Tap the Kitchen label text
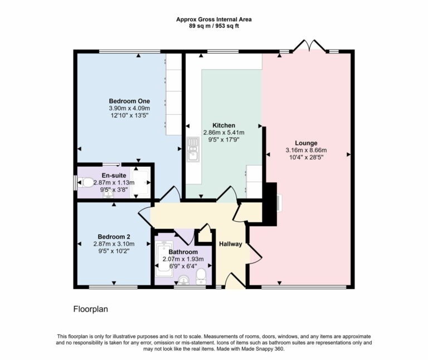pyautogui.click(x=223, y=125)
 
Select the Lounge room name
pyautogui.click(x=305, y=143)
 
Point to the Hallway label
pyautogui.click(x=230, y=244)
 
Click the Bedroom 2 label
pyautogui.click(x=114, y=237)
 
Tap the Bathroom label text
pyautogui.click(x=183, y=252)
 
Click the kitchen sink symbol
pyautogui.click(x=193, y=149)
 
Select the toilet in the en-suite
pyautogui.click(x=86, y=182)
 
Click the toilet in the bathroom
pyautogui.click(x=202, y=276)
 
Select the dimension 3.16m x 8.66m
pyautogui.click(x=305, y=150)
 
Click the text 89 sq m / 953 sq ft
pyautogui.click(x=214, y=26)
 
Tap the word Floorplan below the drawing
pyautogui.click(x=90, y=308)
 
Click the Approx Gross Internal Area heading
pyautogui.click(x=214, y=19)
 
